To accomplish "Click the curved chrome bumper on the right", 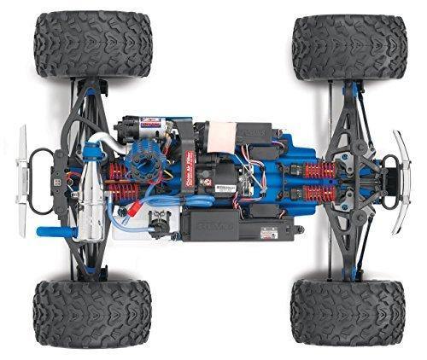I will (399, 182).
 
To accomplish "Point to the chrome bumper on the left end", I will (20, 176).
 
